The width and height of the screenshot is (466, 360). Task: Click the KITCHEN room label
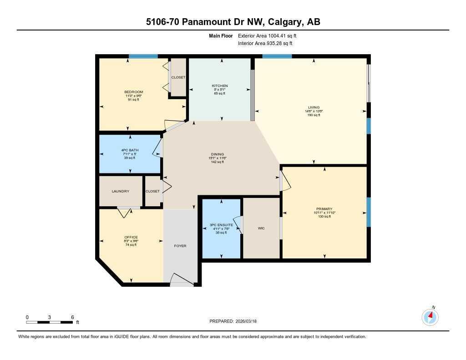coord(220,86)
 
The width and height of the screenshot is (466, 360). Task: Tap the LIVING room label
coord(314,108)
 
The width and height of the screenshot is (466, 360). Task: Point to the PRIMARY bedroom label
coord(324,209)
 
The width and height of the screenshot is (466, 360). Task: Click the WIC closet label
coord(261,228)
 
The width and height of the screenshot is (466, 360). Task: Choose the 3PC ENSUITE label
coord(221,225)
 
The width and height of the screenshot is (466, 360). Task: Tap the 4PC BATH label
coord(130,150)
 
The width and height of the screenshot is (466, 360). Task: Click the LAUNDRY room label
coord(121,192)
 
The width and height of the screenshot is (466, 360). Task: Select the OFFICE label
coord(131,237)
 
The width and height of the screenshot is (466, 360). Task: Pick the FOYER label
coord(180,246)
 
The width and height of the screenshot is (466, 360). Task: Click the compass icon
coord(430,317)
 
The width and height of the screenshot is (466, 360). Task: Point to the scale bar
coord(49,322)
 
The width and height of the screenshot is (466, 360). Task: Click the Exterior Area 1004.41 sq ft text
coord(268,35)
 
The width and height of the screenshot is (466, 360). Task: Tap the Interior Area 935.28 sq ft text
coord(265,43)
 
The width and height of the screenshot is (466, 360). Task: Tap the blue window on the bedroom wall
coord(143,56)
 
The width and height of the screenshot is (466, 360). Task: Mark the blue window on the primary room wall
coord(369,212)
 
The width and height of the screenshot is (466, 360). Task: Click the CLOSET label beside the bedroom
coord(178,77)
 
